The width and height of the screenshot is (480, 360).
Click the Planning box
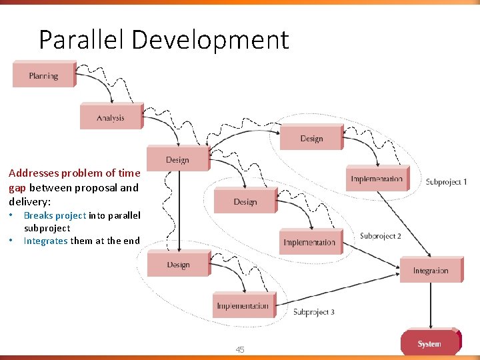point(43,75)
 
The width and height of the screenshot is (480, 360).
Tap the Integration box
point(430,270)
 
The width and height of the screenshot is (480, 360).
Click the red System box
point(429,343)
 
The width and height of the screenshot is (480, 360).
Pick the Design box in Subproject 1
point(311,137)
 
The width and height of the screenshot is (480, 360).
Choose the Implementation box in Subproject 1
point(377,178)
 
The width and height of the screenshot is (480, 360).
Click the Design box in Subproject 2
point(245,201)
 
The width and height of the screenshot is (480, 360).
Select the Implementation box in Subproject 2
point(309,241)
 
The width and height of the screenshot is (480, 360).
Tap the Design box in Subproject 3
point(178,264)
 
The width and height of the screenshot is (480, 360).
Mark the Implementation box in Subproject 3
point(243,305)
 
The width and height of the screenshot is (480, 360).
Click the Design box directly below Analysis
point(177,159)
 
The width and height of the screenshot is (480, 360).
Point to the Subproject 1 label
point(446,182)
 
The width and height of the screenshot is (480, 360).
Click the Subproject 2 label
point(380,236)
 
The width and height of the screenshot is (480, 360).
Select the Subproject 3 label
point(313,312)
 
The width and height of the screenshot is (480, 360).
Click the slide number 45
point(240,350)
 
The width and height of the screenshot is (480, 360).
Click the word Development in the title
point(210,40)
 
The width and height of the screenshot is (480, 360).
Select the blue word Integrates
point(45,241)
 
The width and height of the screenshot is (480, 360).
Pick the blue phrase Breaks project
point(55,215)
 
